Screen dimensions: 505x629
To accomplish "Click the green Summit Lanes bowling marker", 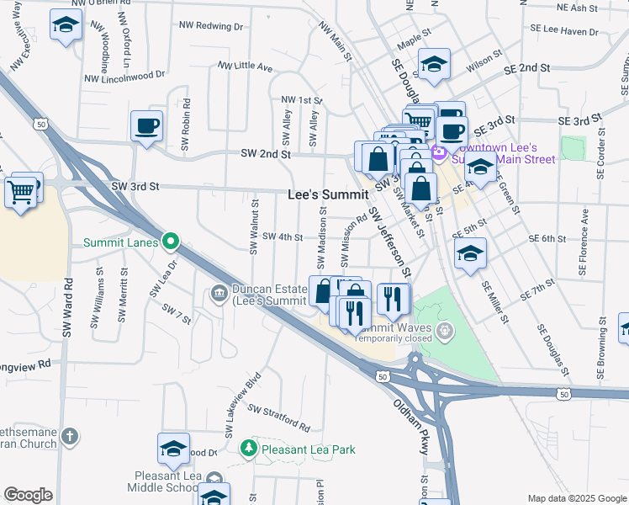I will coord(171,242).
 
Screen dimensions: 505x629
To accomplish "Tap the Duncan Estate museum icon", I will coord(218,293).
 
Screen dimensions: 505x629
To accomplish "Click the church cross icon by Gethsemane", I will coord(70,437).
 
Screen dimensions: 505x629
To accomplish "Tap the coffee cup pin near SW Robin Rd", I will coord(146,125).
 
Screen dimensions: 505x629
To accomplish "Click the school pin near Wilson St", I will coord(434,64).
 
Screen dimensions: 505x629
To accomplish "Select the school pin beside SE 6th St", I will coord(470,252).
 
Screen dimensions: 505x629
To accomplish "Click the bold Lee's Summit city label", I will coord(328,194).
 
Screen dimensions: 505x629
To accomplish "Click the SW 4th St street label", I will coord(283,237).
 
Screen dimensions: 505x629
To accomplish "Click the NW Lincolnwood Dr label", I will coord(123,76).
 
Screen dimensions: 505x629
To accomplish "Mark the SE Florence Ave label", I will coord(580,247).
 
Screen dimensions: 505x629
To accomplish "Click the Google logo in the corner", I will coord(28,495).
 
